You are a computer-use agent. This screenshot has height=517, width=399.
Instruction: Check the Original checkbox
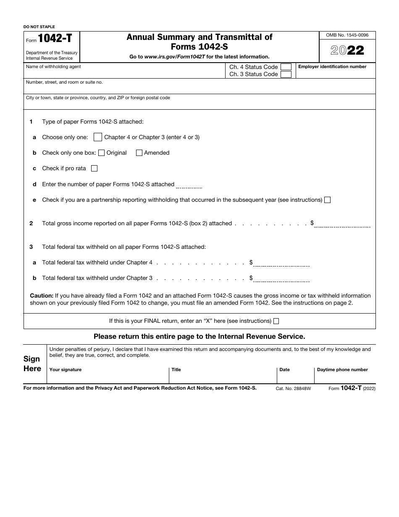(x=101, y=153)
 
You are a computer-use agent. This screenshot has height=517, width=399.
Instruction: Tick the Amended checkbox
(x=139, y=153)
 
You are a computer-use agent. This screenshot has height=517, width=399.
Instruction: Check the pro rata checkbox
(x=94, y=169)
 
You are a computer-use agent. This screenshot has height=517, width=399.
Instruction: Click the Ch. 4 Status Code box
(x=286, y=67)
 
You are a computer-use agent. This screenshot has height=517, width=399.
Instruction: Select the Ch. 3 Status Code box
(x=286, y=74)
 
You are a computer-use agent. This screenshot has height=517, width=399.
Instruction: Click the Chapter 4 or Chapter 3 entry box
(x=97, y=137)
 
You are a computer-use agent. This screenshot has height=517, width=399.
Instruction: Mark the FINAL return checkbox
(x=276, y=321)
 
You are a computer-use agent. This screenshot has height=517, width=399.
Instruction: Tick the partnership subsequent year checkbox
(x=328, y=200)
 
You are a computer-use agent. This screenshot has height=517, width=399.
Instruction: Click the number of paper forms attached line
(x=189, y=185)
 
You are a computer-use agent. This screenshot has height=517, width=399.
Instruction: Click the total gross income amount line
(x=342, y=224)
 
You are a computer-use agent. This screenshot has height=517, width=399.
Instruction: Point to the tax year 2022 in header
(x=347, y=50)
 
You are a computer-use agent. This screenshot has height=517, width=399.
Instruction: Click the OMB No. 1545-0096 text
(x=347, y=35)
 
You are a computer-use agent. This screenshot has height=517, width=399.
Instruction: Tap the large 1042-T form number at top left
(x=55, y=39)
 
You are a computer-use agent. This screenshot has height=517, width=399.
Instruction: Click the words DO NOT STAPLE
(x=39, y=27)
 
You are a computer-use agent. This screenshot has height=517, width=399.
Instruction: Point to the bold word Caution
(x=41, y=296)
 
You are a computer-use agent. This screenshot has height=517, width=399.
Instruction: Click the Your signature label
(x=66, y=370)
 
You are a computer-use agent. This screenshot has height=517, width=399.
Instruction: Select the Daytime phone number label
(x=342, y=370)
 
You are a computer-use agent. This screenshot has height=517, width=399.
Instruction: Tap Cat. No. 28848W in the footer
(x=293, y=389)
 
